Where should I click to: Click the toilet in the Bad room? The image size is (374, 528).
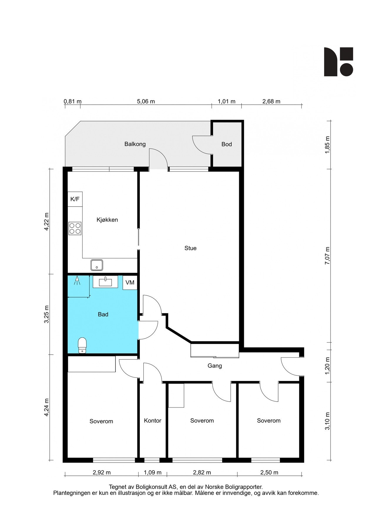[82, 345]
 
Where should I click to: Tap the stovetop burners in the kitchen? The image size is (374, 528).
[75, 229]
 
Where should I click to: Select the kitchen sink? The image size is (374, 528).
[97, 265]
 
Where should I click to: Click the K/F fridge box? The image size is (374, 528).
[75, 199]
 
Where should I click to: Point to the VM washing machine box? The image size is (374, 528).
[130, 282]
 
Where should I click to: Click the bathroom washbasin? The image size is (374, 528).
[105, 282]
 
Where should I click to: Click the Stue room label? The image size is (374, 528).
[190, 248]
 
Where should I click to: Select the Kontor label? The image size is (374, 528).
[152, 421]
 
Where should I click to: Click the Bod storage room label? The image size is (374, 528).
[227, 144]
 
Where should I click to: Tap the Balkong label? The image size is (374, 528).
[135, 144]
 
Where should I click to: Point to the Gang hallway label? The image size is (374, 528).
[214, 366]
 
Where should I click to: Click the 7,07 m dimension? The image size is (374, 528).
[327, 256]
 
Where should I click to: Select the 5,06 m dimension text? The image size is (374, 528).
[146, 101]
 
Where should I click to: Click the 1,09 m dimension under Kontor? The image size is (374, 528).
[152, 473]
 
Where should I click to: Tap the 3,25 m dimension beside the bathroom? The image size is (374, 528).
[46, 314]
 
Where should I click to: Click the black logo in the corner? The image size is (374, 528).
[338, 62]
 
